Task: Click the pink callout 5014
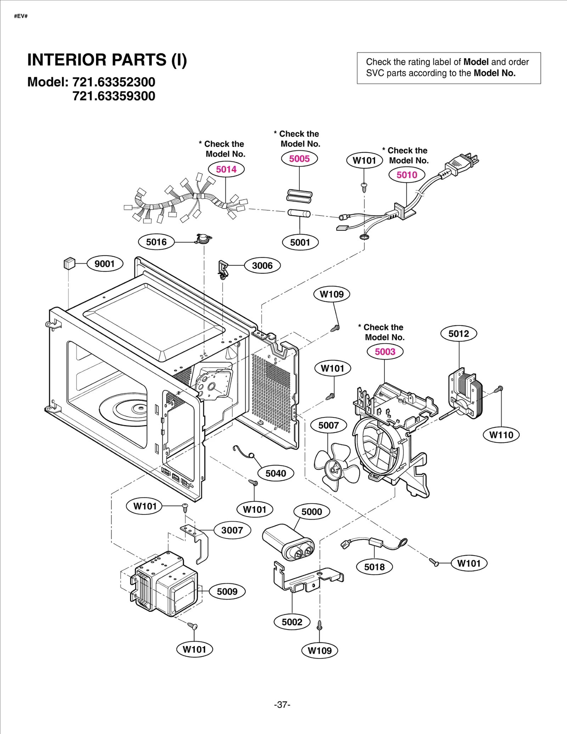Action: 226,169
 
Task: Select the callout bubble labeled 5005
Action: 299,159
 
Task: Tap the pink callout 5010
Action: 406,175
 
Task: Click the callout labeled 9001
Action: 105,264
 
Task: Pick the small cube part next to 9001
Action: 69,263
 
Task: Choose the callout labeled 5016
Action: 156,242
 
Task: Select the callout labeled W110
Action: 501,435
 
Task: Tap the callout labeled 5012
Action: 459,334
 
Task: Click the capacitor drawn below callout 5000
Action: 288,542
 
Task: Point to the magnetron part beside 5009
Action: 165,584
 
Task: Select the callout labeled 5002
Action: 292,622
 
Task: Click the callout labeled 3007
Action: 232,530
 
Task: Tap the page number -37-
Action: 282,704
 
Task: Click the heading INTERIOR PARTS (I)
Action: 107,60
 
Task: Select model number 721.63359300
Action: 114,96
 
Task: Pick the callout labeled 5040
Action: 276,473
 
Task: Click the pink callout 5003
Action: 385,352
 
